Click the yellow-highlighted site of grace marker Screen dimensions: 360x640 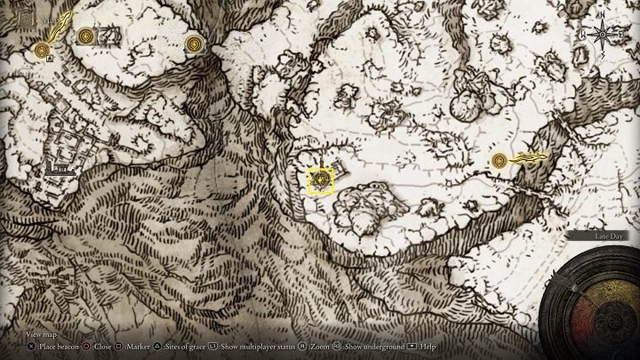[x=320, y=180]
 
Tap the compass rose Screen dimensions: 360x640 [x=602, y=34]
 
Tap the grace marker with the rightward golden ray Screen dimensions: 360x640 [x=500, y=161]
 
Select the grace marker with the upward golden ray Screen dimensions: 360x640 [x=42, y=52]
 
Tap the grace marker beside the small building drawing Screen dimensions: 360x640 [x=86, y=36]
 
